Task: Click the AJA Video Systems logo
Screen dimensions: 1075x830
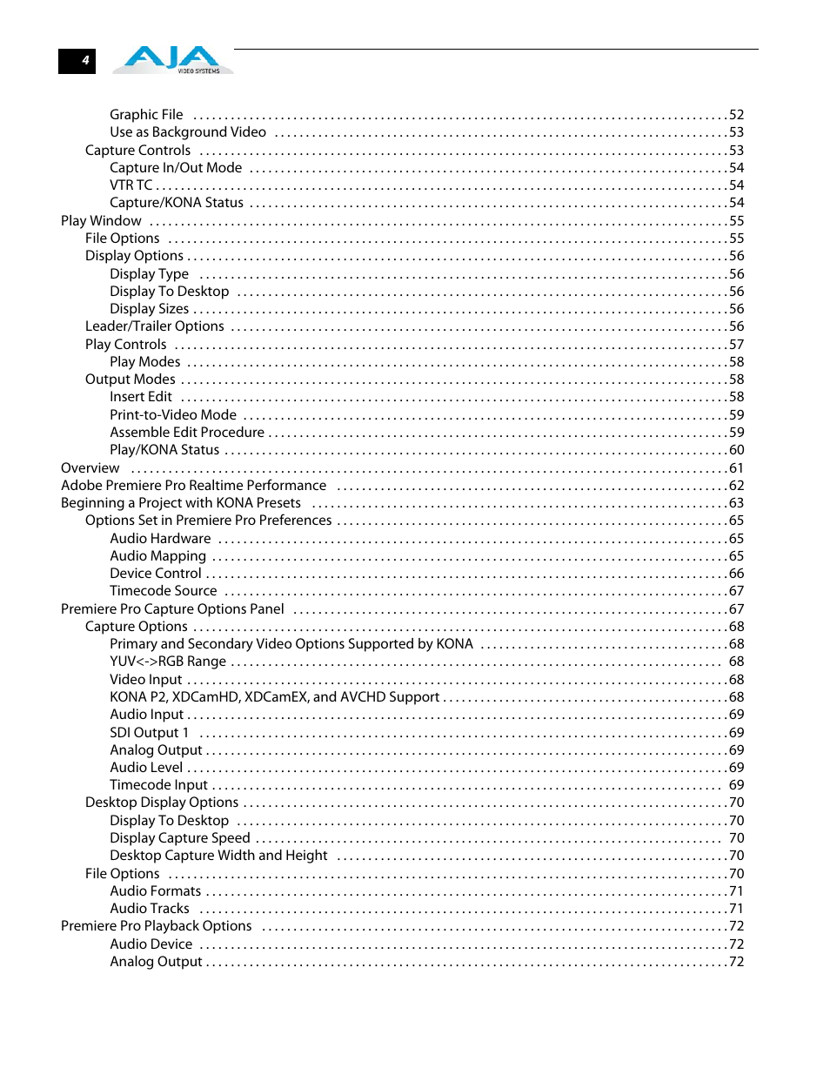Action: (172, 59)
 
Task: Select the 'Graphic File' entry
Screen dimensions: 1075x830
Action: (146, 115)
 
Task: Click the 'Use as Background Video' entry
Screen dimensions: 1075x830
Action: (188, 132)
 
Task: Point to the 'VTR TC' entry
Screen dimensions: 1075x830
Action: (131, 185)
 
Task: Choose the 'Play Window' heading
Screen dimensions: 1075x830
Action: (101, 221)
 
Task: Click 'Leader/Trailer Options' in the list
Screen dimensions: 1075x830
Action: (155, 326)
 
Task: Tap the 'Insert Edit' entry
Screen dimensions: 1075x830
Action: (141, 397)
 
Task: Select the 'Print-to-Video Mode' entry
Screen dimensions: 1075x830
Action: (173, 415)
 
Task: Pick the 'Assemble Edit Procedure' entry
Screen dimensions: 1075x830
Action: (187, 433)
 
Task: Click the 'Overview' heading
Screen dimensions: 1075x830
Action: (90, 468)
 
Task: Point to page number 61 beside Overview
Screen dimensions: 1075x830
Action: (736, 468)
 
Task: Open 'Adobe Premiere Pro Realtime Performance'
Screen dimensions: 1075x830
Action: (193, 486)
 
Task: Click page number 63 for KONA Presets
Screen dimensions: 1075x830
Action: (736, 503)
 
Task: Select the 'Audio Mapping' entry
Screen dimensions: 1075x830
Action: (157, 556)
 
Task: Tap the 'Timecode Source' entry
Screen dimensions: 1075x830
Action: (164, 591)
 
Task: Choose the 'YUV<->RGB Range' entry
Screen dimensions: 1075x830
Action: (168, 662)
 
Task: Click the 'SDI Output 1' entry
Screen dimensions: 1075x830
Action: (149, 733)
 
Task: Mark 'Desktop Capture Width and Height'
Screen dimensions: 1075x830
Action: (218, 856)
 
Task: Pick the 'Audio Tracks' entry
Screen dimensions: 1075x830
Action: (150, 909)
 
